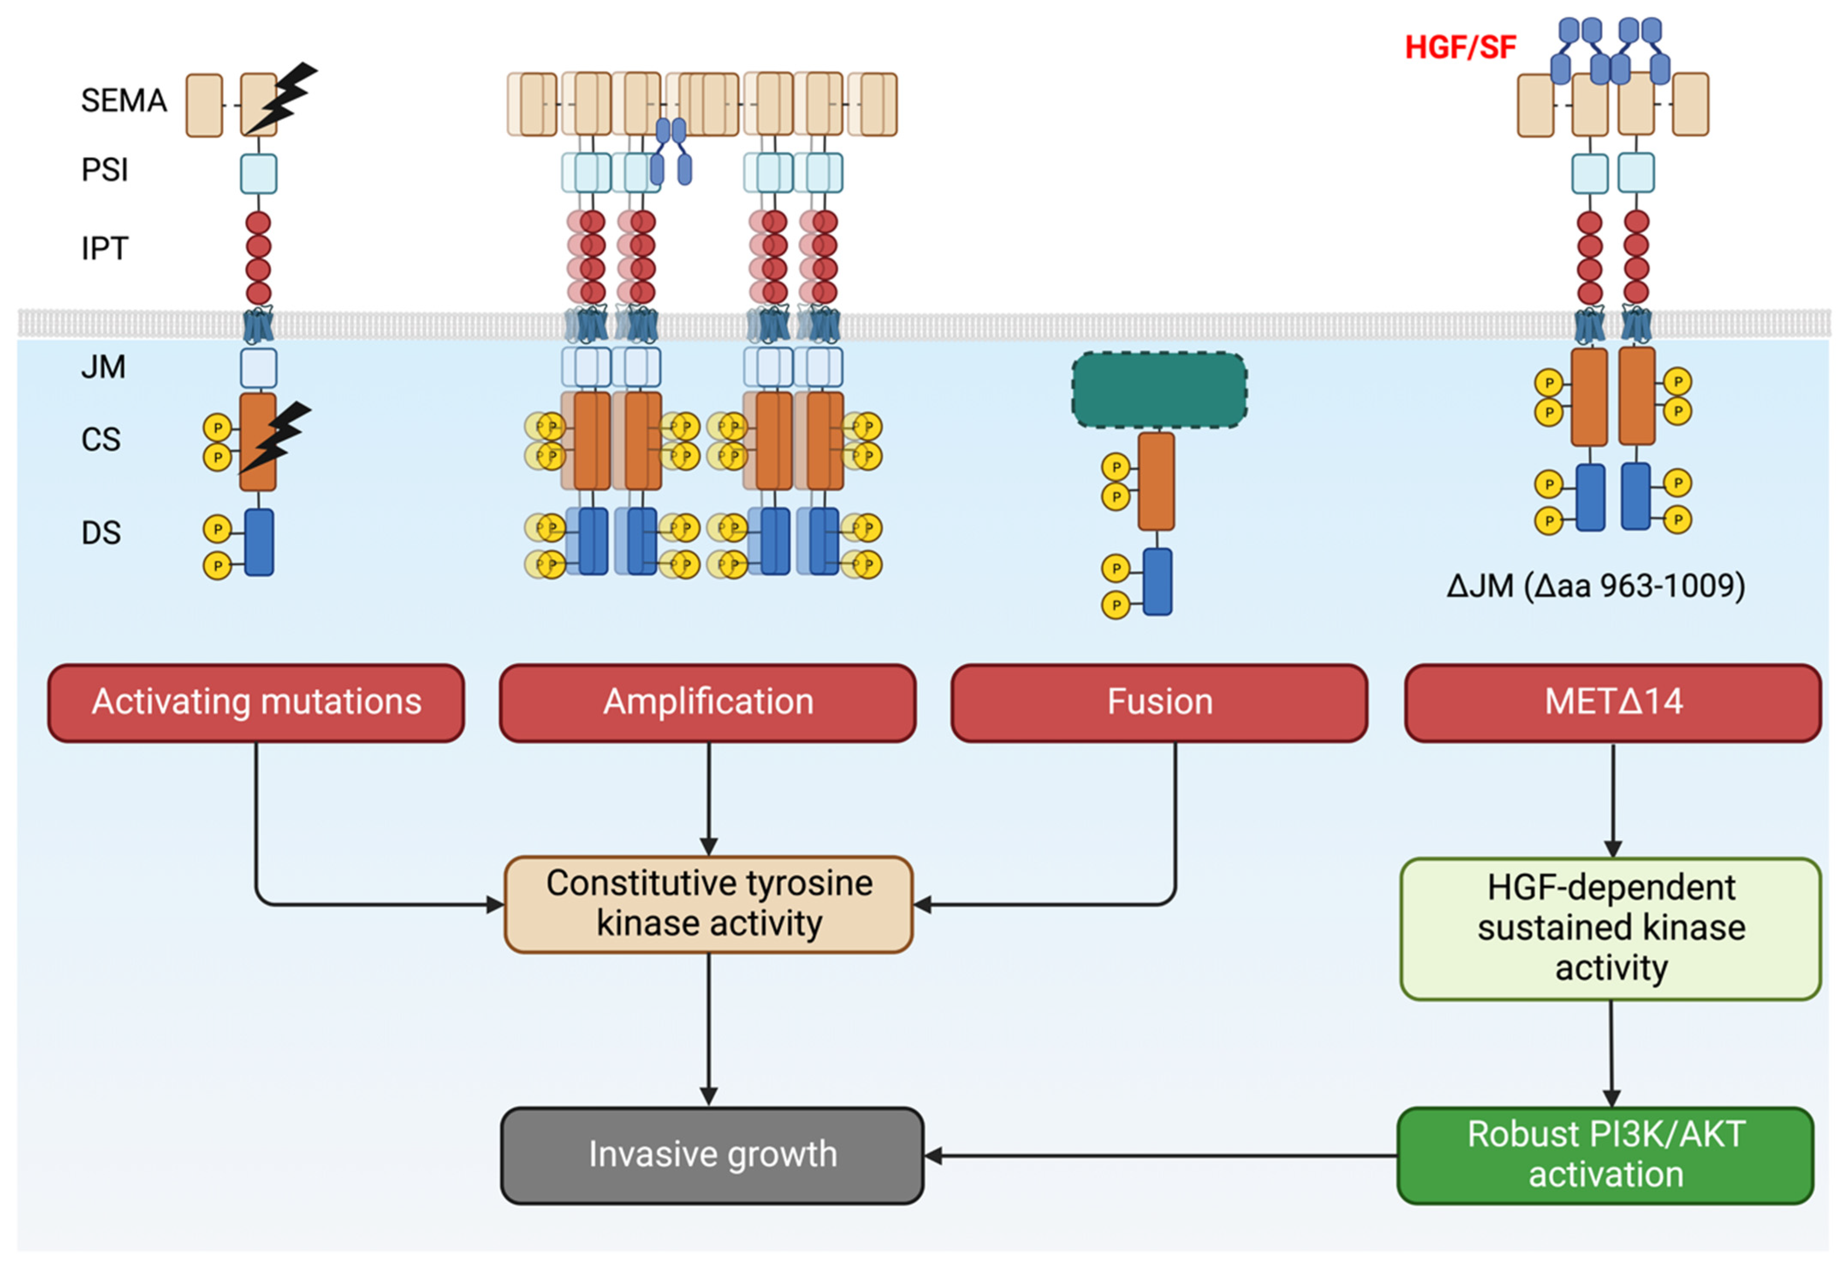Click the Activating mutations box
[x=256, y=702]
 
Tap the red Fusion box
[x=1159, y=702]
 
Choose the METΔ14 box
[x=1613, y=702]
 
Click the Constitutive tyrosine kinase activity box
[x=708, y=904]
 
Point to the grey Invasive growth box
[x=712, y=1155]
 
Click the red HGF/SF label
[x=1460, y=47]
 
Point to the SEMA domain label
[x=124, y=101]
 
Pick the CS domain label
[x=101, y=439]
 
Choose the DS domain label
[x=101, y=533]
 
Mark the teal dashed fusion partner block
[x=1158, y=390]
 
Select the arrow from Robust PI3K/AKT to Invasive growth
[x=1159, y=1156]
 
